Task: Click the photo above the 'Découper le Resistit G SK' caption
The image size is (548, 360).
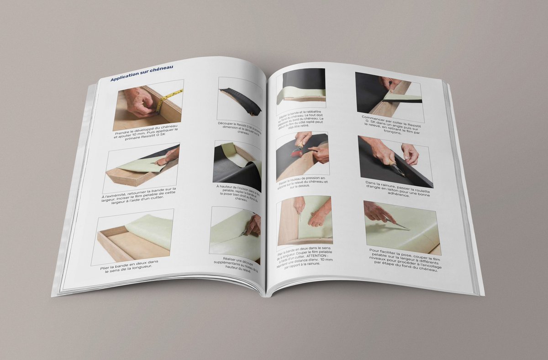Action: click(x=240, y=99)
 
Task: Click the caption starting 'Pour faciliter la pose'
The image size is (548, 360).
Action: click(x=404, y=260)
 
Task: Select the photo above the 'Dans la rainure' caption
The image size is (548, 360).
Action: click(x=395, y=159)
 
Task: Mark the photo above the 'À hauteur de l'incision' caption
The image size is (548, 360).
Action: click(x=237, y=165)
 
